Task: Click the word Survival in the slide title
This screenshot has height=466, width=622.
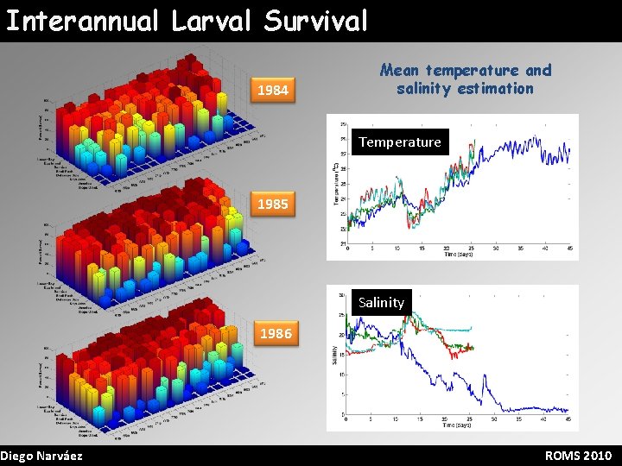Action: pyautogui.click(x=313, y=21)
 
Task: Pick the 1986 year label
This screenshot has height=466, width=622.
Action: pyautogui.click(x=275, y=333)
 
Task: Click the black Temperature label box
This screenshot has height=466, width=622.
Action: pyautogui.click(x=399, y=142)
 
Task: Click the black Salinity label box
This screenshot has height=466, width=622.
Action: pyautogui.click(x=381, y=302)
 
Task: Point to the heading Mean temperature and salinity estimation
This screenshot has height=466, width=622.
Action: pyautogui.click(x=466, y=79)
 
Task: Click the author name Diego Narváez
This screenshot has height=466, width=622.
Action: pyautogui.click(x=41, y=456)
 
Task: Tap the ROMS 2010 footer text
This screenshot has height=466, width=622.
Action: pyautogui.click(x=578, y=456)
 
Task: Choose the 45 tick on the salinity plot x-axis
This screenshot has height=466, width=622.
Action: pyautogui.click(x=568, y=420)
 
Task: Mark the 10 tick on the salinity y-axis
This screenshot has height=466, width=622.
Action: pyautogui.click(x=342, y=375)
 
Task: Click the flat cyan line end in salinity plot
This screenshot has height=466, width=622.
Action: pyautogui.click(x=471, y=329)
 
